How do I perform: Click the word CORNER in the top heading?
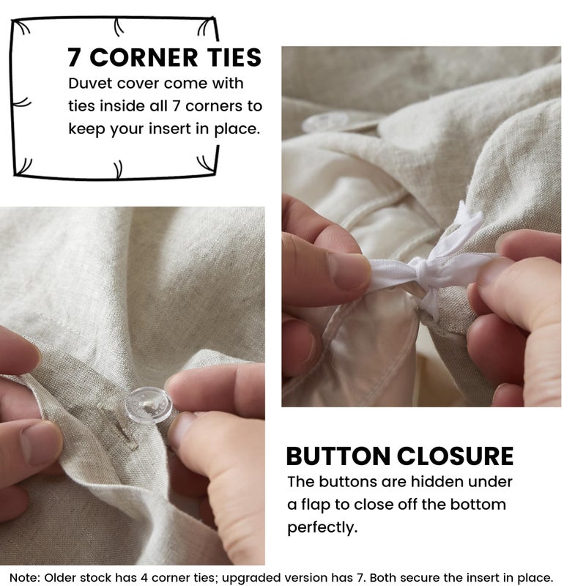tap(144, 58)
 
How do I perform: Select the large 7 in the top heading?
tap(74, 58)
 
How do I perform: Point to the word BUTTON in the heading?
tap(338, 456)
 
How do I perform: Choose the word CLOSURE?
tap(455, 456)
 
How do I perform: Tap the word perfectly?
tap(322, 527)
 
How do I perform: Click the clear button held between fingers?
tap(149, 406)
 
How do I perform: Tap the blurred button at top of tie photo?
tap(325, 122)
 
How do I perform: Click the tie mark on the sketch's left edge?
tap(22, 103)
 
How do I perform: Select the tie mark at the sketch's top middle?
tap(118, 27)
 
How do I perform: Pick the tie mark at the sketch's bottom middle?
tap(118, 169)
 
